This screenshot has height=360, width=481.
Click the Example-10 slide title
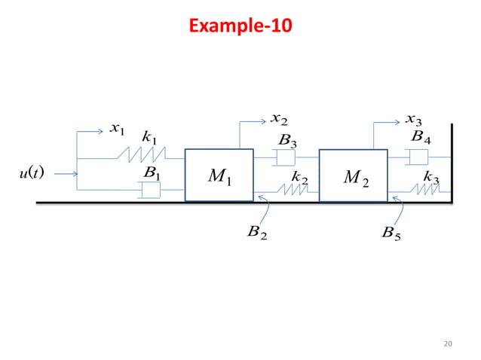click(240, 26)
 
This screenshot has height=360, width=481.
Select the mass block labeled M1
click(219, 175)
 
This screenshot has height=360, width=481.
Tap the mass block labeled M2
click(353, 175)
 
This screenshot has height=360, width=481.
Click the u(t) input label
click(32, 172)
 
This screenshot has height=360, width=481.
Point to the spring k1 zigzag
click(142, 154)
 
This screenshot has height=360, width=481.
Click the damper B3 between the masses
click(284, 157)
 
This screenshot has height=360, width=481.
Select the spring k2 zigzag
click(293, 189)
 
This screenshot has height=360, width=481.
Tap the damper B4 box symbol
click(417, 157)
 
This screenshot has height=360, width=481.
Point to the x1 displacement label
click(117, 129)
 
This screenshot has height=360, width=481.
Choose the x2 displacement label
click(279, 119)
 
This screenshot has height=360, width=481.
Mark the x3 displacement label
click(413, 120)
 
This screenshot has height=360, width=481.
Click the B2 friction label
click(257, 232)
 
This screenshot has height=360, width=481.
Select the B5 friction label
click(391, 233)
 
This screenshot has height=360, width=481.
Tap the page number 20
click(448, 343)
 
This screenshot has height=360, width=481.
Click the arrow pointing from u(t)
click(66, 174)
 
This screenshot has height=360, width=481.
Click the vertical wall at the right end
click(452, 163)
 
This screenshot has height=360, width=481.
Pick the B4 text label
click(421, 136)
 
